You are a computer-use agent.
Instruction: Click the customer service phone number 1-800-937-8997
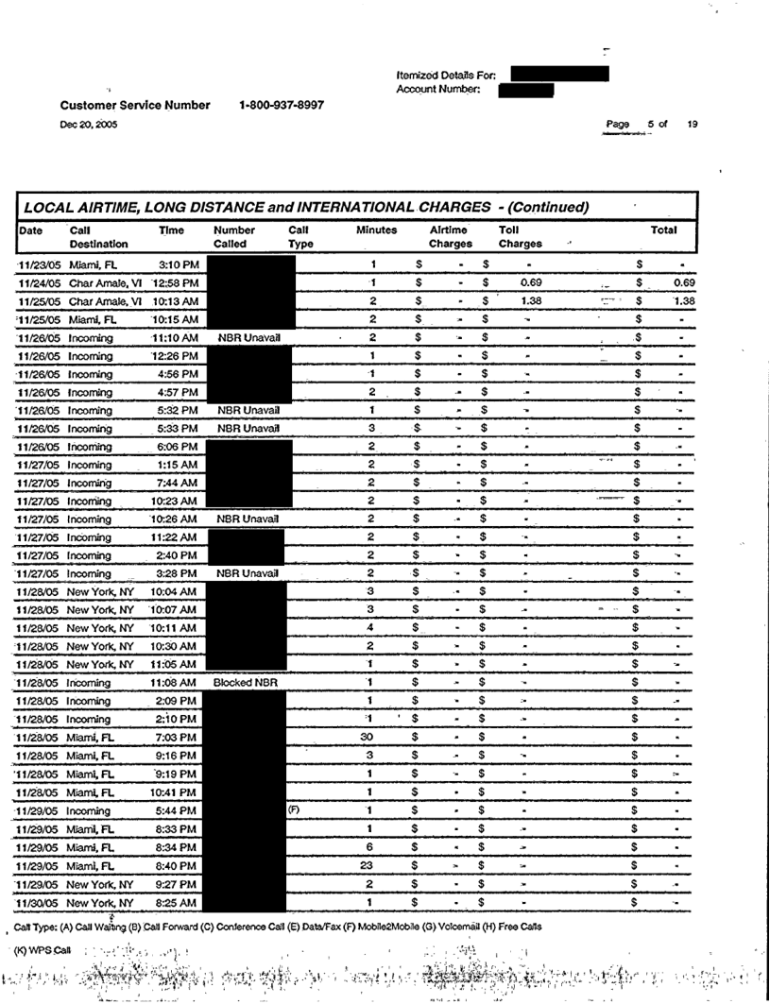click(x=282, y=105)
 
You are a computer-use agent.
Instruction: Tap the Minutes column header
click(x=376, y=230)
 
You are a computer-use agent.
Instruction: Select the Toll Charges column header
click(x=520, y=236)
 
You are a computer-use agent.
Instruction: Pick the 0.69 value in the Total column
click(x=684, y=282)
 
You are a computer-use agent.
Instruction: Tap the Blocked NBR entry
click(x=245, y=681)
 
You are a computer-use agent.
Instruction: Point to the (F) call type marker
click(x=293, y=809)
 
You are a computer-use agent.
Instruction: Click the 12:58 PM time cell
click(x=175, y=282)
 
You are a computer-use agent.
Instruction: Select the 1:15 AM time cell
click(x=178, y=464)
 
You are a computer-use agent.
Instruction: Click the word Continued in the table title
click(x=544, y=207)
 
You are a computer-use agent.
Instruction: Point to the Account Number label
click(x=439, y=90)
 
